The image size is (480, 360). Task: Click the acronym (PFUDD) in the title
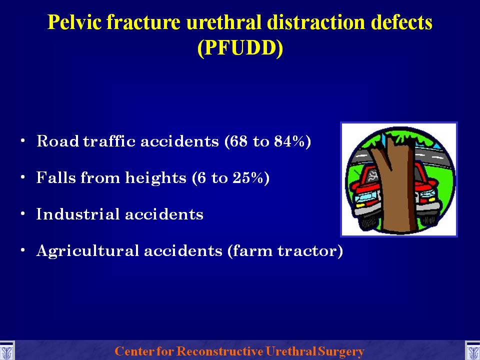point(240,48)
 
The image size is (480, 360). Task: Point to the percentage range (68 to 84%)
point(267,141)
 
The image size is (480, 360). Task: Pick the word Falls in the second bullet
point(55,177)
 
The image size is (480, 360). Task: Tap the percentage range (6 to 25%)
point(230,177)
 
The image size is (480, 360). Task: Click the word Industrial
point(78,213)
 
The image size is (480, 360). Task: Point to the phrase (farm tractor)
point(285,250)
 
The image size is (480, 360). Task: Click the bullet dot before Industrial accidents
point(22,213)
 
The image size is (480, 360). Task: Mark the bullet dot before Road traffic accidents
point(22,141)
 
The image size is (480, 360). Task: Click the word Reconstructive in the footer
point(219,351)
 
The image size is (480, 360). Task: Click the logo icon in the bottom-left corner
point(6,351)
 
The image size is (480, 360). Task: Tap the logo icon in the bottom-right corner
point(472,351)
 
